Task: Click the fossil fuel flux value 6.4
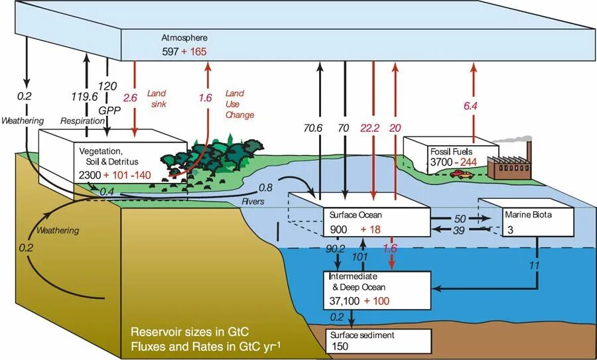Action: (x=471, y=105)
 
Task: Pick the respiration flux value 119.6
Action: (x=85, y=96)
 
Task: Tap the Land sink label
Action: (x=157, y=99)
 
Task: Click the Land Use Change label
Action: (x=239, y=104)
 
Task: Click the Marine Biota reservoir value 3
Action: (x=510, y=229)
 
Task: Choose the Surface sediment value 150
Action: (x=339, y=347)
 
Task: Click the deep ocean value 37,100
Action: (x=346, y=301)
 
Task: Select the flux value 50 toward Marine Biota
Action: (x=458, y=217)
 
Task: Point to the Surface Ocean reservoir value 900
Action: (x=340, y=229)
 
